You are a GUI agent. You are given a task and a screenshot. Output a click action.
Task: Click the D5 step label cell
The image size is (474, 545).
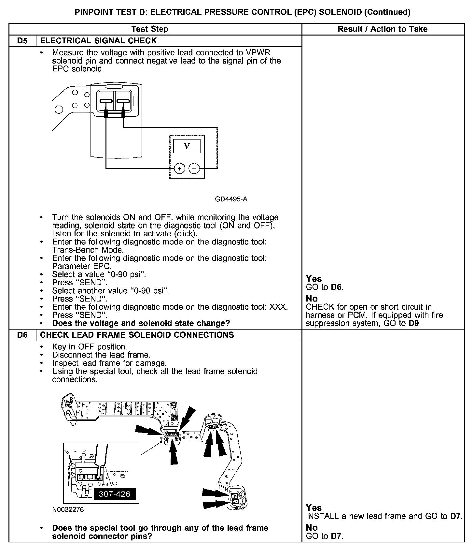pyautogui.click(x=22, y=41)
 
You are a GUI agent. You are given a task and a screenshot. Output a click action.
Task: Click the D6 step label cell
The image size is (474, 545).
pyautogui.click(x=22, y=335)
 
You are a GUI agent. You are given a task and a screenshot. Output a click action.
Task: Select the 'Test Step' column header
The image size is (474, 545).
pyautogui.click(x=150, y=29)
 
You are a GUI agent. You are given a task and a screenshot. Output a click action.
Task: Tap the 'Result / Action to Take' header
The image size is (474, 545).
pyautogui.click(x=382, y=29)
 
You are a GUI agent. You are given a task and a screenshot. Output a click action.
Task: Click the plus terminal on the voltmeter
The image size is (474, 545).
pyautogui.click(x=180, y=169)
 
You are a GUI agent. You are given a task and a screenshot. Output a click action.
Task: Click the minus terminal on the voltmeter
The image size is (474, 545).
pyautogui.click(x=194, y=169)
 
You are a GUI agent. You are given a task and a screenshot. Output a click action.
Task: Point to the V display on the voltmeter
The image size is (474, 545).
pyautogui.click(x=187, y=146)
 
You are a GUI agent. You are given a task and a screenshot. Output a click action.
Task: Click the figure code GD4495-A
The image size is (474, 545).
pyautogui.click(x=231, y=199)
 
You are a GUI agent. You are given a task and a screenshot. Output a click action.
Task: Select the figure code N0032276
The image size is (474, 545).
pyautogui.click(x=68, y=510)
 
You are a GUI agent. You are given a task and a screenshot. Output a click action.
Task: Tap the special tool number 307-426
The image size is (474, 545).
pyautogui.click(x=114, y=494)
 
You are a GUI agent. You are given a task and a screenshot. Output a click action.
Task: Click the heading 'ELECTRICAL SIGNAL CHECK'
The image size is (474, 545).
pyautogui.click(x=98, y=41)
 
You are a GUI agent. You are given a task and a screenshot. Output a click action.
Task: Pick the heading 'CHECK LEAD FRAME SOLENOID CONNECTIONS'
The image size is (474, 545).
pyautogui.click(x=137, y=335)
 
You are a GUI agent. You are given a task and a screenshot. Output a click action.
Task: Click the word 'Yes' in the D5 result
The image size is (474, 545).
pyautogui.click(x=314, y=279)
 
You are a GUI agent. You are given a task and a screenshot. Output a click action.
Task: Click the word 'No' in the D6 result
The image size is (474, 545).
pyautogui.click(x=312, y=527)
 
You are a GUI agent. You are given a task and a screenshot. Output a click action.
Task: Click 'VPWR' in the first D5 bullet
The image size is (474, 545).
pyautogui.click(x=259, y=52)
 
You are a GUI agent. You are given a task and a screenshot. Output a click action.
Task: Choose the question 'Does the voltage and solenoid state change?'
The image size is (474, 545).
pyautogui.click(x=141, y=323)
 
